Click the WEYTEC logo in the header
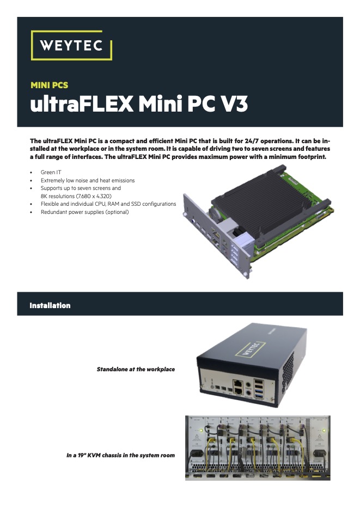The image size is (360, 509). [x=71, y=45]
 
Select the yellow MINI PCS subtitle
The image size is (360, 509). [x=50, y=85]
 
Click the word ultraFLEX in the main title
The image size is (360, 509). [x=82, y=104]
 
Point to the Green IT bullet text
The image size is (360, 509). [x=51, y=173]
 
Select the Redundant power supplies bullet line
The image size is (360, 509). [x=85, y=212]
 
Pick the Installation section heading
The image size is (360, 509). [x=50, y=305]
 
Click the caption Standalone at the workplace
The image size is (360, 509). [x=136, y=370]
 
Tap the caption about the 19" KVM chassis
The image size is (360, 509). [x=120, y=456]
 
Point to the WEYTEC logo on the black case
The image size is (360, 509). [x=251, y=349]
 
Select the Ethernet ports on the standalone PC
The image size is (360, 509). [x=238, y=388]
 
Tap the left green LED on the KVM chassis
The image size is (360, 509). [x=201, y=431]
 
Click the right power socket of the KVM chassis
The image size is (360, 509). [x=319, y=453]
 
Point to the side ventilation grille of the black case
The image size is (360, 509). [x=289, y=371]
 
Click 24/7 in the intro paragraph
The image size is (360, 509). [x=252, y=141]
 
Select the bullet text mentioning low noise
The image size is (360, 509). [x=88, y=181]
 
